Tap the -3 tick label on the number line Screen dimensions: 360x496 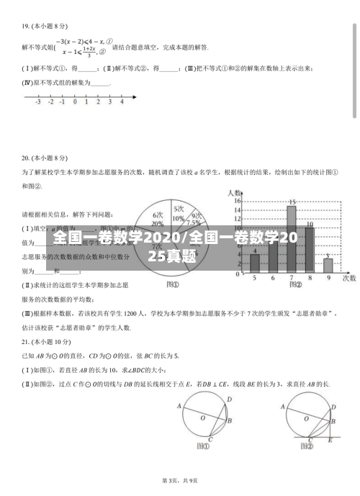pyautogui.click(x=37, y=102)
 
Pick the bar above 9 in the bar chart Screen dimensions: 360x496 pyautogui.click(x=328, y=265)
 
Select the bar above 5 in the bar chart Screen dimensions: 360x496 pyautogui.click(x=254, y=263)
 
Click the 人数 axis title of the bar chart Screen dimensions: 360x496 pyautogui.click(x=235, y=192)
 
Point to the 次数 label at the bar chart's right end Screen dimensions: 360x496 pyautogui.click(x=349, y=277)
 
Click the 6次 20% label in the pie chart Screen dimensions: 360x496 pyautogui.click(x=158, y=219)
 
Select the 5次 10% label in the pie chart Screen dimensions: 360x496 pyautogui.click(x=179, y=212)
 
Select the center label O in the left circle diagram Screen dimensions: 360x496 pyautogui.click(x=202, y=417)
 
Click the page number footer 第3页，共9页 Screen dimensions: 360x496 pyautogui.click(x=180, y=480)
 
